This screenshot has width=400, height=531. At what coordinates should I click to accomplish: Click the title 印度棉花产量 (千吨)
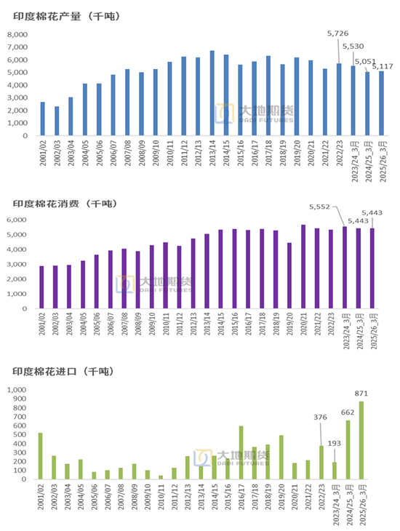coord(65,17)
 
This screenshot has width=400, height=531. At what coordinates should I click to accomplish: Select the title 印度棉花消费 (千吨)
coord(65,204)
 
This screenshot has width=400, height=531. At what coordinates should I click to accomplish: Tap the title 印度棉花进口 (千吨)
coord(65,372)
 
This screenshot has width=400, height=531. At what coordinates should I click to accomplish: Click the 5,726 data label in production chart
coord(338,34)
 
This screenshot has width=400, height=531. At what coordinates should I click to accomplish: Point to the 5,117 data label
coord(383,67)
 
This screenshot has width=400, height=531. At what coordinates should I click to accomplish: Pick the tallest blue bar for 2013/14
coord(212,93)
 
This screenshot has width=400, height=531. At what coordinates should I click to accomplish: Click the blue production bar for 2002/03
coord(57,121)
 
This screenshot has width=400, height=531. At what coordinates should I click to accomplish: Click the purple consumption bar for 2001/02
coord(42,282)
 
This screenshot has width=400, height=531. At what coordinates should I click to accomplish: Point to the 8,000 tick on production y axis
coord(17,34)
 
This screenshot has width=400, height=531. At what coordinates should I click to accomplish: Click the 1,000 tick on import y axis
coord(16,390)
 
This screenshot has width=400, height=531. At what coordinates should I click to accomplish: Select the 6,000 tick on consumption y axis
coord(17,220)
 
